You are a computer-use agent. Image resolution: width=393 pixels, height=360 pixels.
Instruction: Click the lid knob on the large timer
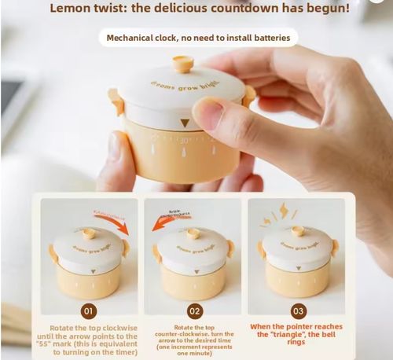(182, 64)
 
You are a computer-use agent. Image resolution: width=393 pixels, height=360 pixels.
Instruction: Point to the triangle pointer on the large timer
(184, 123)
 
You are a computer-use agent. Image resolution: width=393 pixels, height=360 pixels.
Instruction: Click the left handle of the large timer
(116, 101)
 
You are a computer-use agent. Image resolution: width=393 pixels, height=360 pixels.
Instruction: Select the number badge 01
(89, 310)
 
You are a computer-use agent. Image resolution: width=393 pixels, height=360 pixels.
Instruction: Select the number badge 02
(194, 310)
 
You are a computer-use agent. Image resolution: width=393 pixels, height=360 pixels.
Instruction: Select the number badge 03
(298, 310)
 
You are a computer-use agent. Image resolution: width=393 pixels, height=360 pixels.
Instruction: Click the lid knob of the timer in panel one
(89, 233)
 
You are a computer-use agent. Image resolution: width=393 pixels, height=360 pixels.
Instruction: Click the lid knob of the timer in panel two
(193, 233)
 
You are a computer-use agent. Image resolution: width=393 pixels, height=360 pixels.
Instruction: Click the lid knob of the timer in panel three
(297, 231)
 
